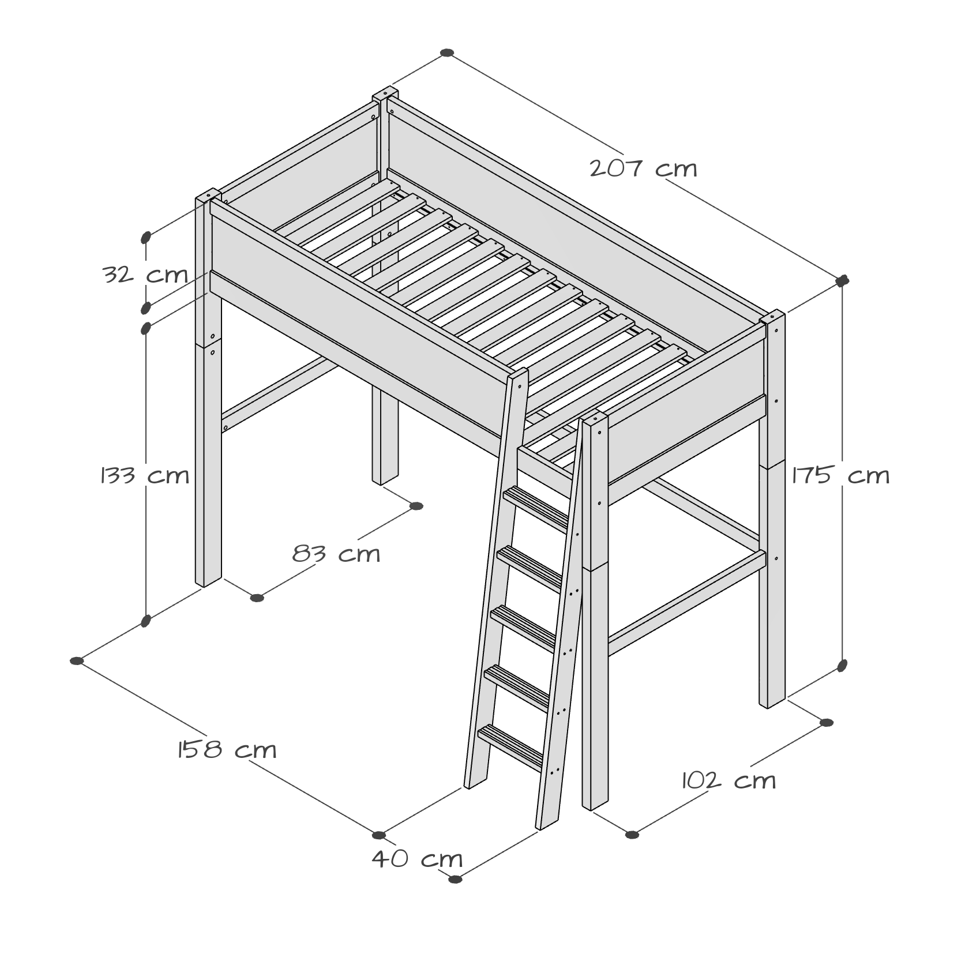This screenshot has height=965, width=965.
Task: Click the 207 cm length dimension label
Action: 643,169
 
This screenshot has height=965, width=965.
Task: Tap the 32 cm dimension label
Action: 145,275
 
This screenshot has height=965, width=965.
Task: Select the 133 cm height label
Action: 145,476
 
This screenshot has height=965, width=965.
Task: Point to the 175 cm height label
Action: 841,476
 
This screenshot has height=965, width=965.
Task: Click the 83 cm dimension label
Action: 336,554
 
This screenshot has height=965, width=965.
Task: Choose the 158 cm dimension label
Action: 227,750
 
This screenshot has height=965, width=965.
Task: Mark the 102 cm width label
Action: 729,781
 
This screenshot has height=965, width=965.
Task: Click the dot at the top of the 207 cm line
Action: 446,53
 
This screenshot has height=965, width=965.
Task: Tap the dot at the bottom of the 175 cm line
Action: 842,666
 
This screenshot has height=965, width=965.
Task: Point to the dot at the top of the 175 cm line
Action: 842,281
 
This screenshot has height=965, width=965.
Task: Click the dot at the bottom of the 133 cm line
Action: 146,621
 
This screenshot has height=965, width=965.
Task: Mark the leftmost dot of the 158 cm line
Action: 76,661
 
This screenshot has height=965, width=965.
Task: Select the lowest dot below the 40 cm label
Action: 455,895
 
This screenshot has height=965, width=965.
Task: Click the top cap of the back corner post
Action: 385,94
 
